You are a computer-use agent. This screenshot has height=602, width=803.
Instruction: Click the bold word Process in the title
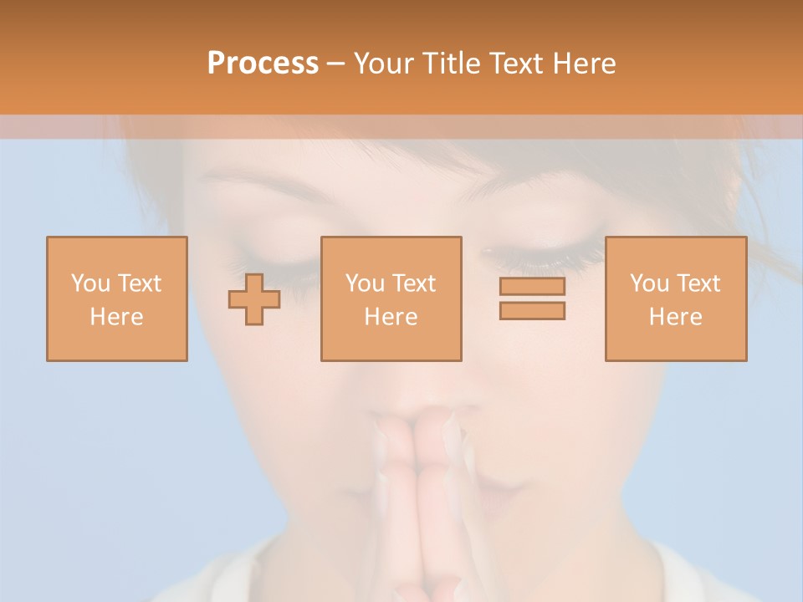pyautogui.click(x=263, y=63)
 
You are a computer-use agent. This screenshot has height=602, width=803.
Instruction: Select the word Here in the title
pyautogui.click(x=583, y=63)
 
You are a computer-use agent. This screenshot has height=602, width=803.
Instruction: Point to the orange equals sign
pyautogui.click(x=532, y=298)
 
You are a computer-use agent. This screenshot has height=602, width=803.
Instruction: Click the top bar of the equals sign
pyautogui.click(x=532, y=287)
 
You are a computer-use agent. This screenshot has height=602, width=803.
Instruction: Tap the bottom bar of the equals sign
pyautogui.click(x=532, y=310)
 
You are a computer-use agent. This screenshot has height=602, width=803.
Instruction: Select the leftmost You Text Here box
pyautogui.click(x=117, y=298)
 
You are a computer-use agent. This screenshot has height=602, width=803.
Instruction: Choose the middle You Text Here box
pyautogui.click(x=391, y=298)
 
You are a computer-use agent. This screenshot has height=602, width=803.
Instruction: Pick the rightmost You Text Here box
pyautogui.click(x=676, y=298)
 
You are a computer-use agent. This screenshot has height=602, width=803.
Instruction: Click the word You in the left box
pyautogui.click(x=90, y=283)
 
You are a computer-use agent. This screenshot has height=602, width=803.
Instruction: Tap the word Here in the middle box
pyautogui.click(x=391, y=316)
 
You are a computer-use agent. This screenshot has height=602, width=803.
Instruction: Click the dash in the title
pyautogui.click(x=336, y=63)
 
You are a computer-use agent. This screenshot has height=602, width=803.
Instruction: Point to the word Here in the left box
pyautogui.click(x=116, y=316)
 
